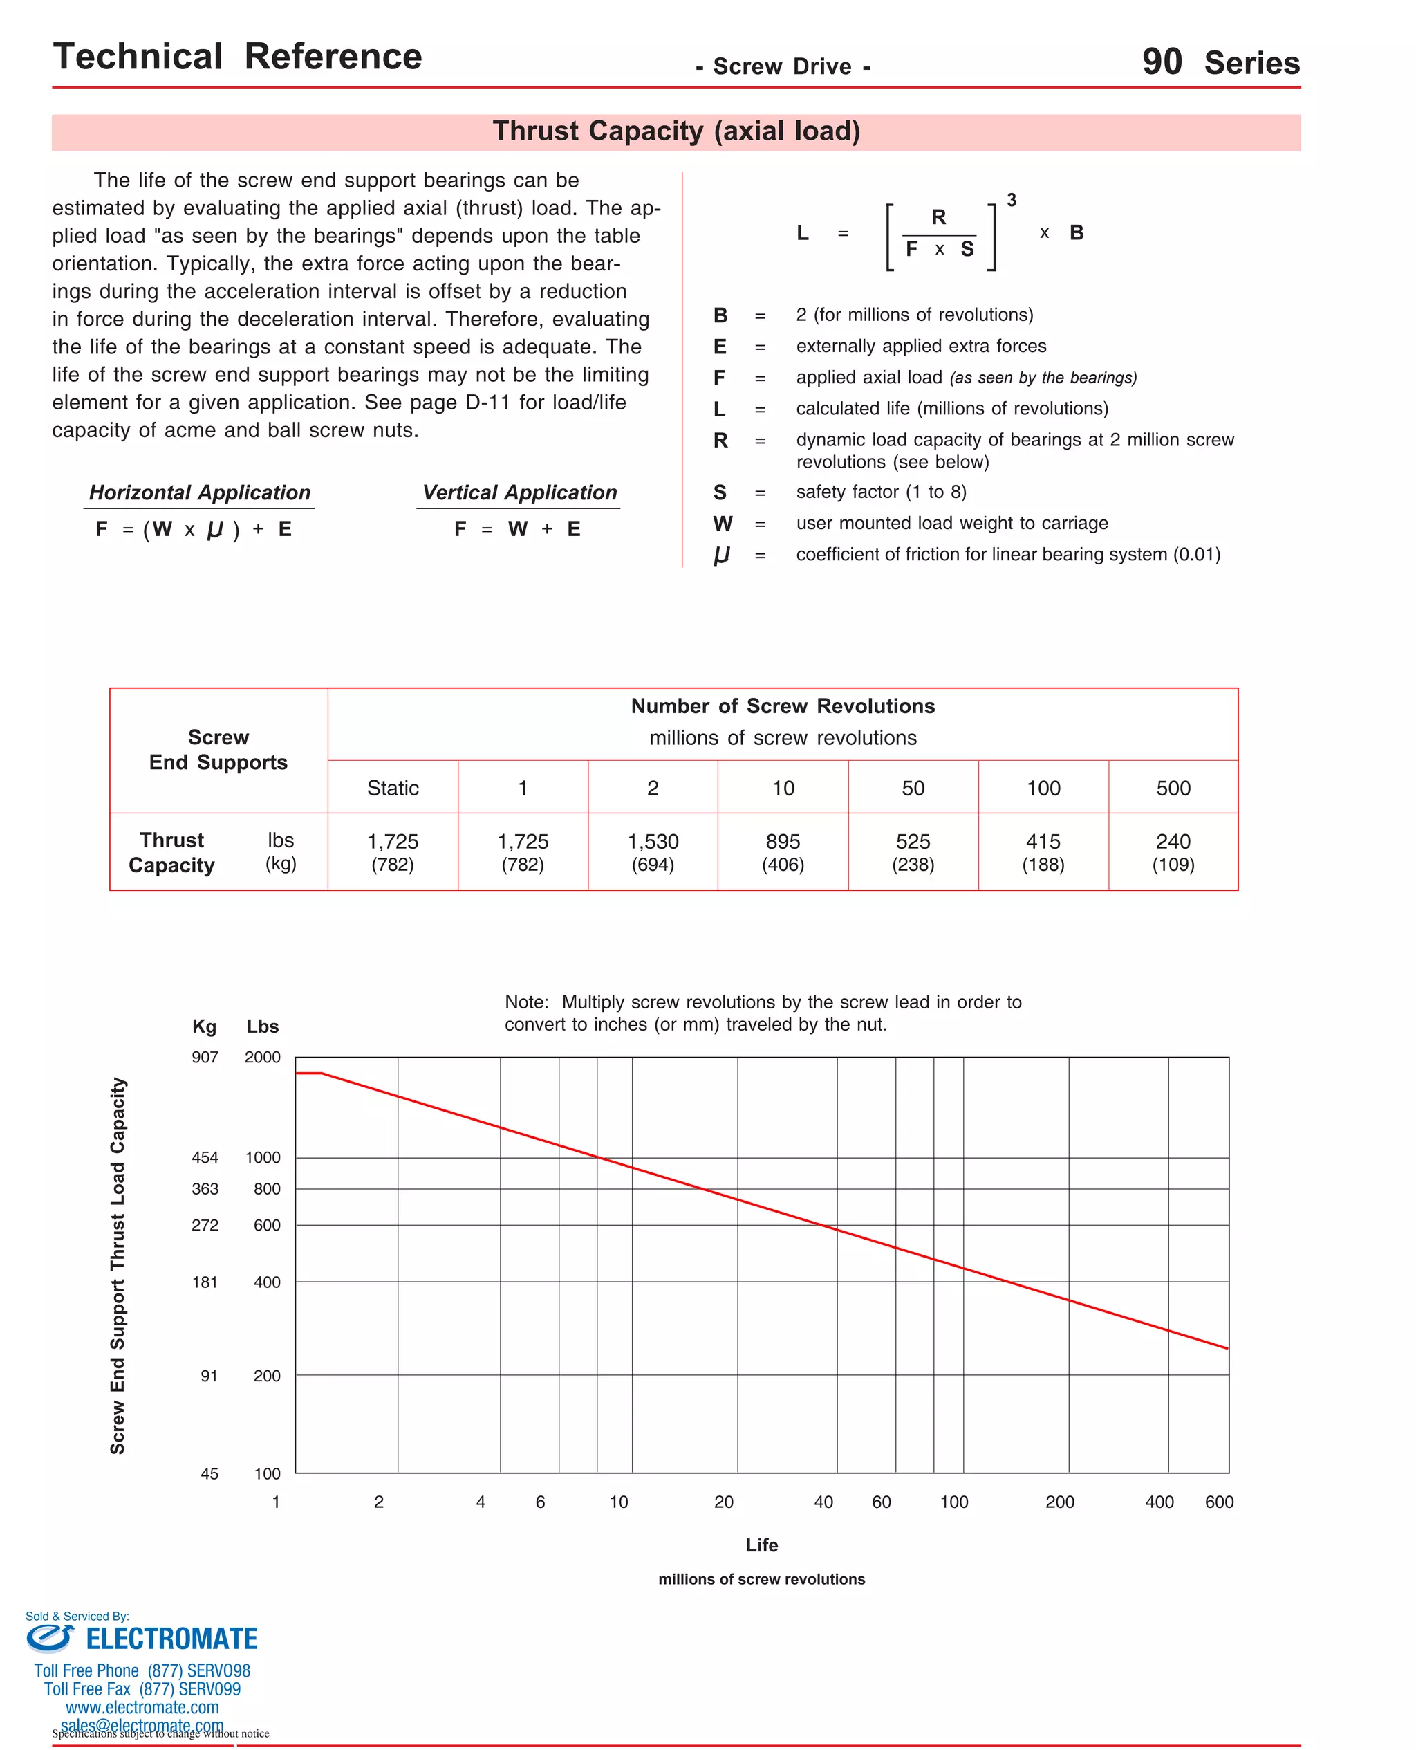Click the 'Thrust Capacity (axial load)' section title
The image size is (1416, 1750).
tap(676, 131)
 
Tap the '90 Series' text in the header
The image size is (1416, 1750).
tap(1220, 63)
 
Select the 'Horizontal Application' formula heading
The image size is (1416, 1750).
tap(200, 492)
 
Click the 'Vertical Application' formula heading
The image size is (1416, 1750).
tap(519, 492)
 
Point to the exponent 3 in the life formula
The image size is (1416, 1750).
tap(1012, 201)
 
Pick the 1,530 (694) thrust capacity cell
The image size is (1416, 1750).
tap(653, 851)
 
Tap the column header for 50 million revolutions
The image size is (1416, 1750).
tap(913, 788)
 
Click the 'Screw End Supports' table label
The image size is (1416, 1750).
tap(218, 750)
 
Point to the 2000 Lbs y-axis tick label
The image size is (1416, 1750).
tap(262, 1058)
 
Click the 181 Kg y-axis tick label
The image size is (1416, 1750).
tap(205, 1282)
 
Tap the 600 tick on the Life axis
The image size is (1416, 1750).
tap(1219, 1502)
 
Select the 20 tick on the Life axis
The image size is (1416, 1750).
tap(723, 1502)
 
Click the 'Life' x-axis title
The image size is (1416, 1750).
tap(762, 1545)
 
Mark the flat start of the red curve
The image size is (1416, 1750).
tap(309, 1073)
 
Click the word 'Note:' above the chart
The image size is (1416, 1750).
tap(526, 1002)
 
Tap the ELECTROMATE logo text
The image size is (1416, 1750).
tap(171, 1639)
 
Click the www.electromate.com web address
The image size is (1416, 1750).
tap(142, 1708)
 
